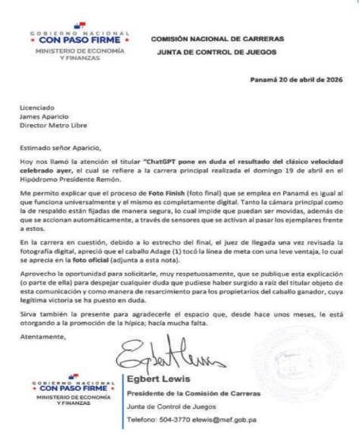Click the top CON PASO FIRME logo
pos(80,37)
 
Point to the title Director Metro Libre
pos(49,125)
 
